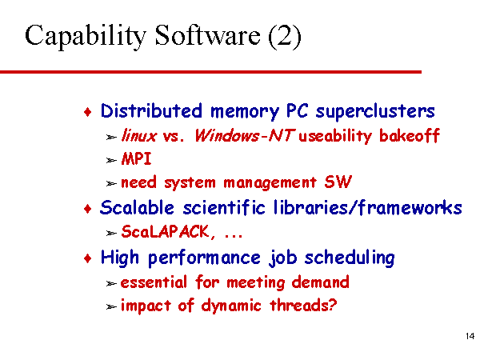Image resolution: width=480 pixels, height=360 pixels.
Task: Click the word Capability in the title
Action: pyautogui.click(x=85, y=37)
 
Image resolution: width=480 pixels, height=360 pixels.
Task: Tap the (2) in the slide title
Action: pyautogui.click(x=284, y=37)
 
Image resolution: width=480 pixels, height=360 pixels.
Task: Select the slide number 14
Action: pyautogui.click(x=470, y=336)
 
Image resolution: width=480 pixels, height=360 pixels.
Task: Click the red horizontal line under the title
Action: pyautogui.click(x=210, y=72)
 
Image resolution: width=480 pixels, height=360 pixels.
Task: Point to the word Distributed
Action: pyautogui.click(x=151, y=110)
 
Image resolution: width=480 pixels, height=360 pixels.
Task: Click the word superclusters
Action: pyautogui.click(x=375, y=112)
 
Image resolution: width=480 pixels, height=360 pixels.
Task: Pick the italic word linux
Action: pyautogui.click(x=139, y=135)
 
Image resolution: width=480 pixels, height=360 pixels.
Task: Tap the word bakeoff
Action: pyautogui.click(x=410, y=135)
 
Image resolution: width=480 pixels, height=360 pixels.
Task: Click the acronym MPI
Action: pyautogui.click(x=137, y=159)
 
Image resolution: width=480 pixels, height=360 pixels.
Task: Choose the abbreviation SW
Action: pyautogui.click(x=338, y=182)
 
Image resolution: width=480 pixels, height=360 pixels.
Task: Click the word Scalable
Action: pyautogui.click(x=137, y=207)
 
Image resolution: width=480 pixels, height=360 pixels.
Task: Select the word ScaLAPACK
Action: pyautogui.click(x=166, y=231)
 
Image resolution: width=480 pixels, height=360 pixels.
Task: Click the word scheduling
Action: pyautogui.click(x=350, y=258)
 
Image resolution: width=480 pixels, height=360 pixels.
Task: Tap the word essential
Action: pyautogui.click(x=154, y=282)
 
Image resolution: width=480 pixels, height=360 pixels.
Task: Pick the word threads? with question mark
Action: pyautogui.click(x=303, y=305)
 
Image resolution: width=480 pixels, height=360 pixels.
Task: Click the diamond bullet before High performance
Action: pyautogui.click(x=88, y=258)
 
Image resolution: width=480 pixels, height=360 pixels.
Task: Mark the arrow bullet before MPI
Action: pyautogui.click(x=111, y=161)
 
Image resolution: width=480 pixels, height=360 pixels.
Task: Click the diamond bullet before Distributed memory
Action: pyautogui.click(x=88, y=112)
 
